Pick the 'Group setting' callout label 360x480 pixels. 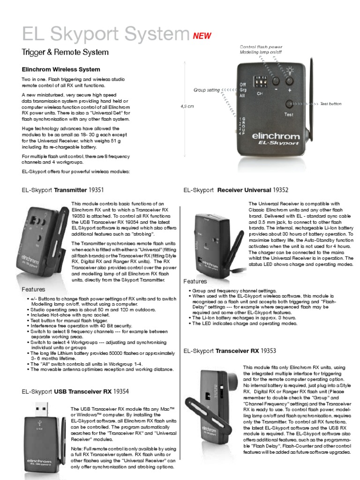[207, 90]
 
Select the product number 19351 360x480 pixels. [96, 190]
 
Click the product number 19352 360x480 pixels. [280, 190]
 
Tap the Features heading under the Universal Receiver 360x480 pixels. [195, 281]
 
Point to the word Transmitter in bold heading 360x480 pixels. [71, 190]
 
